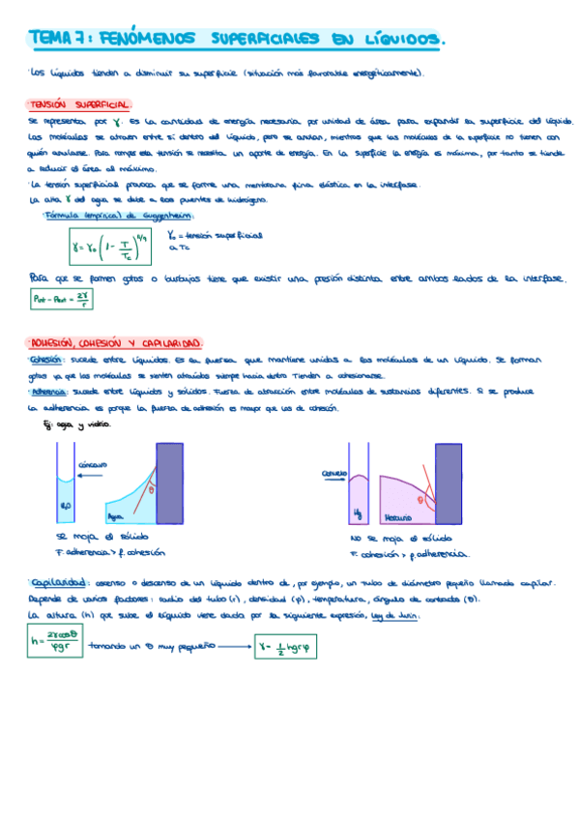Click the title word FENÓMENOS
coord(141,39)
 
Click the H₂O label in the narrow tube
coord(66,505)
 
